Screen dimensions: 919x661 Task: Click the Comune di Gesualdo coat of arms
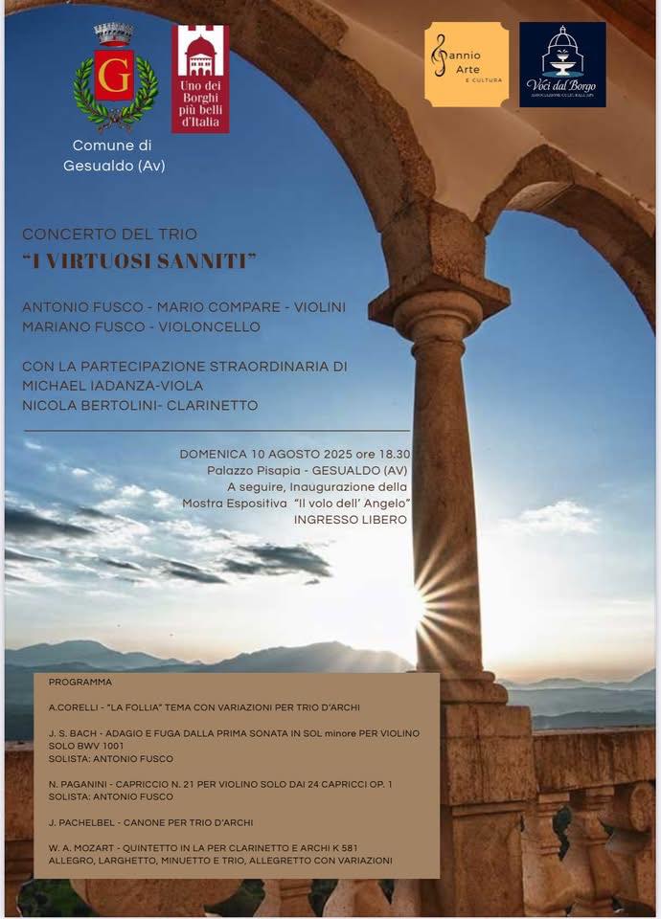pyautogui.click(x=115, y=78)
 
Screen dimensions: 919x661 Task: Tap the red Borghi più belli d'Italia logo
pyautogui.click(x=200, y=78)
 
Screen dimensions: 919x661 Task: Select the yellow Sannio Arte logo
pyautogui.click(x=466, y=64)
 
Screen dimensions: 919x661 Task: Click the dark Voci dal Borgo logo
pyautogui.click(x=562, y=64)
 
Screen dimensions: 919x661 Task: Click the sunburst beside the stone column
pyautogui.click(x=422, y=598)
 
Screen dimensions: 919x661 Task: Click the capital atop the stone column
pyautogui.click(x=439, y=304)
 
